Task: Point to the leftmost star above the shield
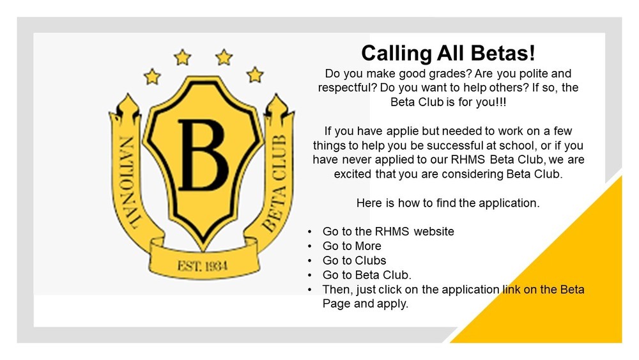coord(152,77)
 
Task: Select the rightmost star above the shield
coord(255,74)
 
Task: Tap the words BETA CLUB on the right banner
coord(279,175)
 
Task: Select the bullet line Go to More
coord(351,246)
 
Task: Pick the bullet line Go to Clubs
coord(354,261)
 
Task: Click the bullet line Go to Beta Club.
coord(367,276)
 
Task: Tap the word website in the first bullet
coord(434,231)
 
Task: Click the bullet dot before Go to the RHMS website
coord(310,231)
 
